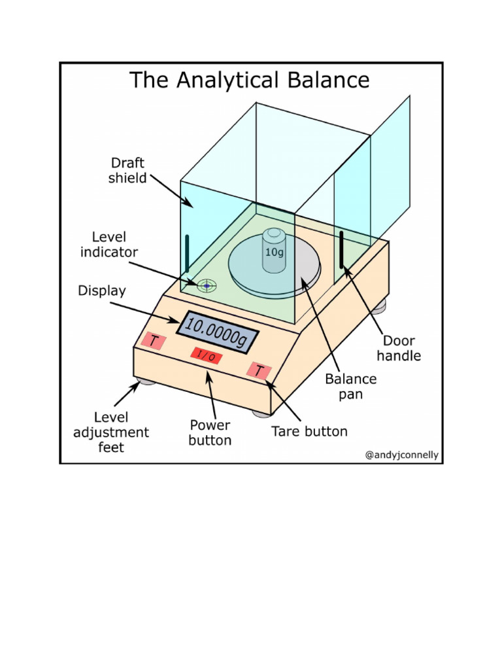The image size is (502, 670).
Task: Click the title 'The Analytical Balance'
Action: tap(249, 80)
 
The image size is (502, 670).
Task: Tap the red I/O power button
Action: tap(206, 356)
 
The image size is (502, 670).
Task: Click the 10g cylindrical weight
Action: tap(274, 251)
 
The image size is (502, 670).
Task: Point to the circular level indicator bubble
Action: tap(207, 285)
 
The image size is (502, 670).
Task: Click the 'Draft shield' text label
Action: tap(127, 170)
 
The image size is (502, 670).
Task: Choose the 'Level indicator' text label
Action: tap(109, 243)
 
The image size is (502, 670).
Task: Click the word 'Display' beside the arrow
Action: tap(102, 290)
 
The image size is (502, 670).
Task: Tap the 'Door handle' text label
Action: tap(399, 349)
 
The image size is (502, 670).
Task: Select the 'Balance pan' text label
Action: tap(351, 387)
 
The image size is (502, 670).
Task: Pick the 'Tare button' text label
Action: tap(310, 431)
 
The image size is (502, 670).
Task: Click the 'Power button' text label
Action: tap(210, 432)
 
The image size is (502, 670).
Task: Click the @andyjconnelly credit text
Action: tap(401, 455)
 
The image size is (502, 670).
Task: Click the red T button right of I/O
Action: tap(259, 371)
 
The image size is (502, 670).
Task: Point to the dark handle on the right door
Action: tap(341, 250)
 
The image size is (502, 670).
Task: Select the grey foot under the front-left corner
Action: tap(145, 380)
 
